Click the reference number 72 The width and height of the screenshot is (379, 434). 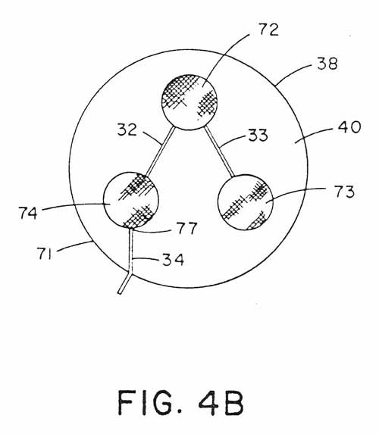coord(268,30)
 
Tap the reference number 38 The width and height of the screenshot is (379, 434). coord(327,64)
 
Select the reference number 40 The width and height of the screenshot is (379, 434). coord(349,127)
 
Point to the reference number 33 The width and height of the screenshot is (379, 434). coord(258,135)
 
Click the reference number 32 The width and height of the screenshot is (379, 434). coord(127,130)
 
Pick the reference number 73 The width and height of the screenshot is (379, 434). coord(344,192)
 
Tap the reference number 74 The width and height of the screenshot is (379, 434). coord(28,213)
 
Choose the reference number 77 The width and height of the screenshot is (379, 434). coord(187,228)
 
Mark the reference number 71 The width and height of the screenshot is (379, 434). coord(45,253)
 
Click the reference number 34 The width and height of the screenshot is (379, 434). coord(173,260)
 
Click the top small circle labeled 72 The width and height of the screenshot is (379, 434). coord(189,101)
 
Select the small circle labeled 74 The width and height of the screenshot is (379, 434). coord(131,199)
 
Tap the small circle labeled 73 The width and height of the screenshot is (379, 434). coord(246,202)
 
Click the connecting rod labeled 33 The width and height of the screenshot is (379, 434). coord(219,151)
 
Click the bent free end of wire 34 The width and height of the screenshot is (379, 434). coord(120,292)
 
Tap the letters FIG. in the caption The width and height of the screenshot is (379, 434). coord(150,402)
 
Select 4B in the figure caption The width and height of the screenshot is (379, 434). coord(221,402)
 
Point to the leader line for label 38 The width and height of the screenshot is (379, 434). coord(296,73)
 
